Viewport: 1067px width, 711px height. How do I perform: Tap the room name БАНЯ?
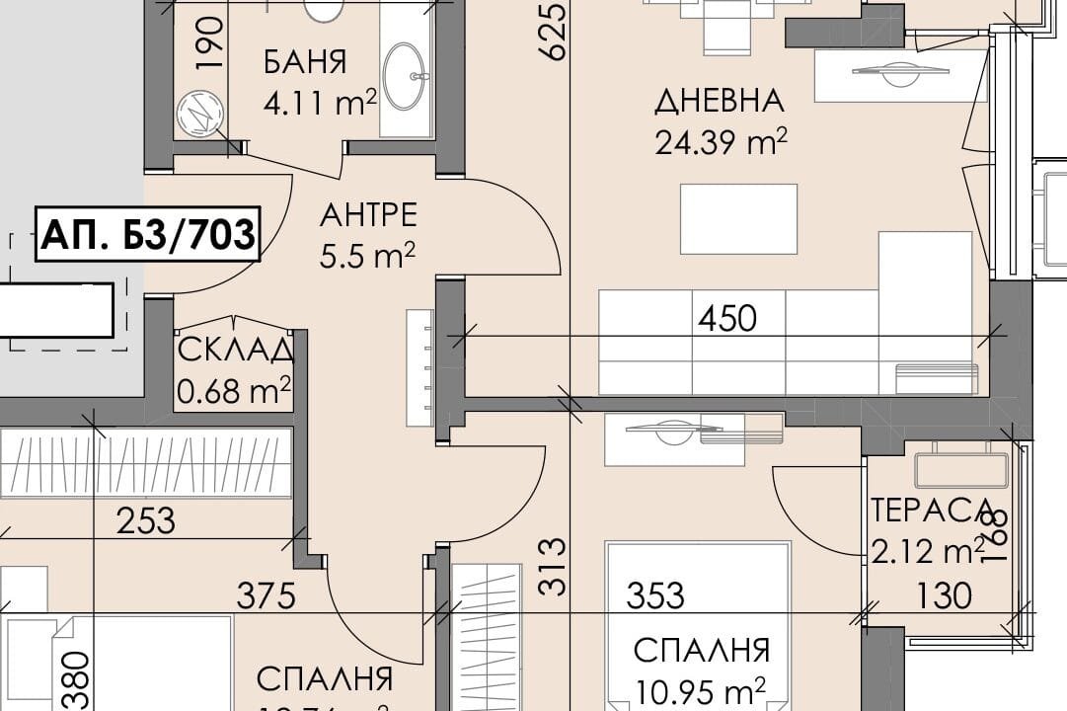[305, 62]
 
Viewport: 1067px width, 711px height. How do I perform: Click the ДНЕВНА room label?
[720, 101]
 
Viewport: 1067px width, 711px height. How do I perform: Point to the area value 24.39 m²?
[721, 142]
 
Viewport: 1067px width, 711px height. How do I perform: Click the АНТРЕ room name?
[368, 214]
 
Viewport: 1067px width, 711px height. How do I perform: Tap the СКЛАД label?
[235, 351]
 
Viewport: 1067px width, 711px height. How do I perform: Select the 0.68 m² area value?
[234, 391]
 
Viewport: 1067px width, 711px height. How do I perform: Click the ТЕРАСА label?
[931, 511]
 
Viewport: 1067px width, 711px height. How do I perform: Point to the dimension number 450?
[726, 318]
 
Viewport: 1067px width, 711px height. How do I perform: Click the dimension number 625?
[555, 32]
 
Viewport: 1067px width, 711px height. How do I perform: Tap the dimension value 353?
[656, 595]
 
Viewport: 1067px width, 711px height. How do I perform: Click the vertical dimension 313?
[555, 567]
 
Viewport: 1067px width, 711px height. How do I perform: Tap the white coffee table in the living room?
[738, 218]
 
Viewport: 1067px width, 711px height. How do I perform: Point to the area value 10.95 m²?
[702, 687]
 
